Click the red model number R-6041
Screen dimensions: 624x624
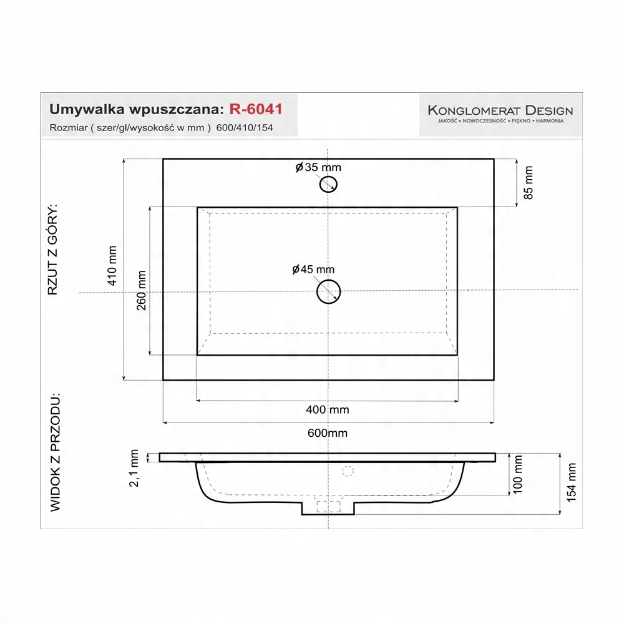coord(256,109)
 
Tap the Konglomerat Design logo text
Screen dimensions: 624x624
coord(500,110)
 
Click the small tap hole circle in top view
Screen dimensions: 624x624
coord(329,183)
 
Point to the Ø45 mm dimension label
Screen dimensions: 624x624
coord(313,270)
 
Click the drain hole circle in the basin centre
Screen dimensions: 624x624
coord(329,291)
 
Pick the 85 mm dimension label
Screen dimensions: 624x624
coord(529,182)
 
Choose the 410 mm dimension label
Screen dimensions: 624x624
coord(113,265)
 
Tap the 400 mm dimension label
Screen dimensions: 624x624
coord(328,410)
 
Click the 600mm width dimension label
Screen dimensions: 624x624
coord(328,433)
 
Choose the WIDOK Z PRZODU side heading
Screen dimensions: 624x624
coord(56,452)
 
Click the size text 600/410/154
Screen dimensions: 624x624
coord(245,128)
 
